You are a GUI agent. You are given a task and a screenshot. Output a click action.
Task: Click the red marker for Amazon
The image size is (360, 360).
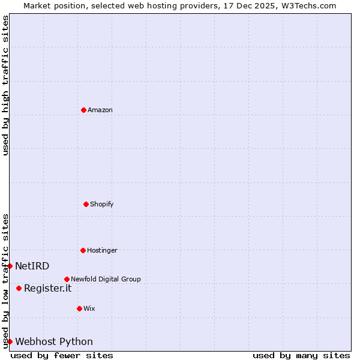[x=84, y=110]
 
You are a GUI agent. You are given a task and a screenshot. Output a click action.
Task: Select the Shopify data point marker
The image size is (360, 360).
[x=86, y=204]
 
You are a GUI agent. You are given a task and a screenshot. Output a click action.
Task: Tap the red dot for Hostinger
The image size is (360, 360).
[x=83, y=250]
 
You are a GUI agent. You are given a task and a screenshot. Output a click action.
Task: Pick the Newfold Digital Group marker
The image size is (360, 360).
[x=67, y=279]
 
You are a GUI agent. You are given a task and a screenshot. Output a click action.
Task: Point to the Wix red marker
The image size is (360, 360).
[x=79, y=308]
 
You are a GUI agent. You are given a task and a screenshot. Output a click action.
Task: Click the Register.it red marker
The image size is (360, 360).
[x=19, y=288]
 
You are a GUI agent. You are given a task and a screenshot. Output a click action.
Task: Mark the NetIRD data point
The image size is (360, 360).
[x=10, y=266]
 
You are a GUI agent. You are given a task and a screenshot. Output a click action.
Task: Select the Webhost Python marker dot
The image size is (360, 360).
[x=10, y=341]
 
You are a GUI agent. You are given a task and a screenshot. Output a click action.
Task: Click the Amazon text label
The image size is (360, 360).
[x=100, y=110]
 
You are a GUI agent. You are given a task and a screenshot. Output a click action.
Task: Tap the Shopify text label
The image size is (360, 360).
[x=102, y=204]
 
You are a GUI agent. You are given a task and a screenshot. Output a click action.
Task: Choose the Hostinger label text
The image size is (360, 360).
[x=102, y=250]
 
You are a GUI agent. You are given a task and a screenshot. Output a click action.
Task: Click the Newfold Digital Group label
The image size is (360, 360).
[x=106, y=279]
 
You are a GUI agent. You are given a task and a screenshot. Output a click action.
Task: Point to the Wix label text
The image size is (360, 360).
[x=89, y=308]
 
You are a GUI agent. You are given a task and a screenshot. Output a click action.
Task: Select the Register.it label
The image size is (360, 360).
[x=47, y=288]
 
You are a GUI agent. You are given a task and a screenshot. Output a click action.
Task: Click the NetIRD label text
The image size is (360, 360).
[x=32, y=266]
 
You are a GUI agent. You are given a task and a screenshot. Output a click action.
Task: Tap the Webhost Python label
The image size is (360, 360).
[x=54, y=341]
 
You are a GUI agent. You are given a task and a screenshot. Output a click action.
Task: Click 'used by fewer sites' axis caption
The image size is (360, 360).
[x=62, y=355]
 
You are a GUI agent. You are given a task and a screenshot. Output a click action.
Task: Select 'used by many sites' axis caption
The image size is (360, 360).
[x=301, y=355]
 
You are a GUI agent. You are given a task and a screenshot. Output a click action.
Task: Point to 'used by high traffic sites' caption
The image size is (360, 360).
[x=5, y=85]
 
